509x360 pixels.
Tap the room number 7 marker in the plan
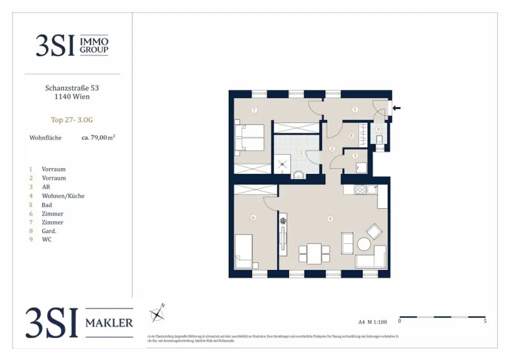coord(254,109)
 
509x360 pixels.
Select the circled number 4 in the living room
coord(330,218)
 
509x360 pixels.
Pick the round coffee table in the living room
coord(364,245)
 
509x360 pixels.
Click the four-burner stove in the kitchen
coord(359,189)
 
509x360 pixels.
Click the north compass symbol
coord(158,314)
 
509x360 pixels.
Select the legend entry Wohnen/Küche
coord(63,196)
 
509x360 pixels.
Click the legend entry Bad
coord(47,205)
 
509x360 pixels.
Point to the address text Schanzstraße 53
coord(72,88)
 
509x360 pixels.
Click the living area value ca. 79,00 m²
coord(98,138)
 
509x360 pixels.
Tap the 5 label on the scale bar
coord(485,321)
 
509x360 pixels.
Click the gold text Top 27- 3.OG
coord(72,120)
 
